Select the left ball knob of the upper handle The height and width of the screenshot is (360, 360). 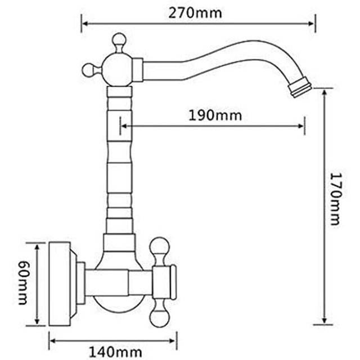coord(88,70)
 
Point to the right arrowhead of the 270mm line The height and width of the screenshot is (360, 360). coord(312,23)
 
